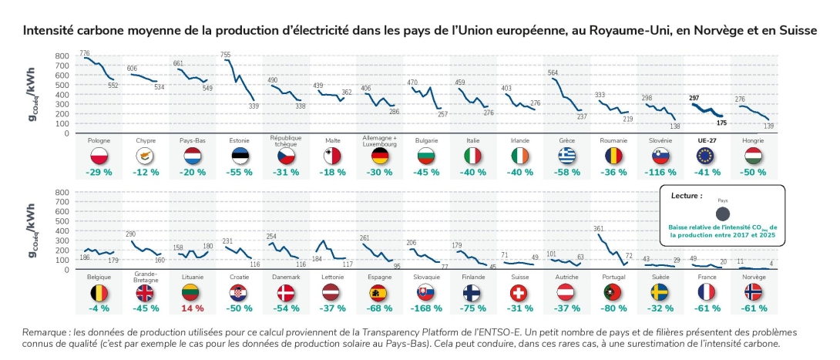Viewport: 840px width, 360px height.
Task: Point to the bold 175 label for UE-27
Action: (721, 122)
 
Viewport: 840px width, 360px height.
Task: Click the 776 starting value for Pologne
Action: (85, 52)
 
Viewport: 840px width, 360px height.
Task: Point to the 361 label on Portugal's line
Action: (598, 229)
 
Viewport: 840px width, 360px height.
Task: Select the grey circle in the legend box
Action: (722, 214)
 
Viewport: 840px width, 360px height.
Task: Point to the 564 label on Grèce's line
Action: (553, 73)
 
